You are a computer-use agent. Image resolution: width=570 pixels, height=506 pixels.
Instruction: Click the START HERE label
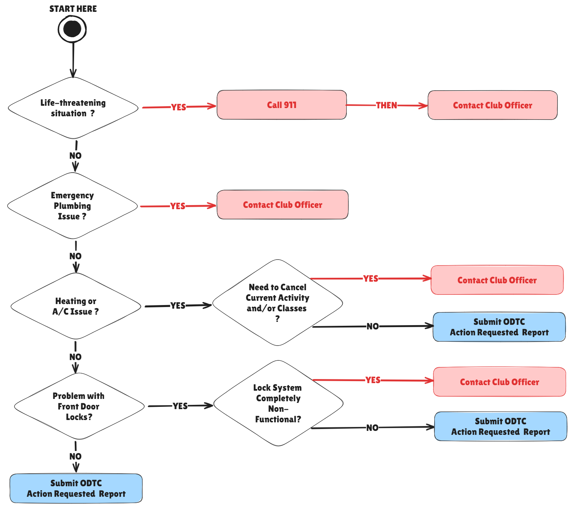73,9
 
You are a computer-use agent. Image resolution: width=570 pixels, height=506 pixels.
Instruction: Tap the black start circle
72,29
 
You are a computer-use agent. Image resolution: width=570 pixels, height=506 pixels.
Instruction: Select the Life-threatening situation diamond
73,108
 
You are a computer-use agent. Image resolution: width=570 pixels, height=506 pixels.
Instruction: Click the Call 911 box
282,105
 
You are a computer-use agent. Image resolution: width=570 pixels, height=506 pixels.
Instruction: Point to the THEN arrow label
386,105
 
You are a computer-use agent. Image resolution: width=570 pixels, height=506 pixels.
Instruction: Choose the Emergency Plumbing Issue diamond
72,206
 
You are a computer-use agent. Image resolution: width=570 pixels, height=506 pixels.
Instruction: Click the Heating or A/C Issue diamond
76,306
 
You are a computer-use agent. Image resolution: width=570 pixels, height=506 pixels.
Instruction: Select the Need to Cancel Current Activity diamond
278,302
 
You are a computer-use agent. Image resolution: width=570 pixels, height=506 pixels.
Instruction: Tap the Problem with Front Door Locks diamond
79,406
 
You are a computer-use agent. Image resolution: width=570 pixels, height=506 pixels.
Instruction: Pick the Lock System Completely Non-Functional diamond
278,403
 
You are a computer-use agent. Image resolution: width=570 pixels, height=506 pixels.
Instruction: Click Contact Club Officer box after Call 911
492,105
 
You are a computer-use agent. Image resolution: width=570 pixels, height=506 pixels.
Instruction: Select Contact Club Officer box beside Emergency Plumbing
283,205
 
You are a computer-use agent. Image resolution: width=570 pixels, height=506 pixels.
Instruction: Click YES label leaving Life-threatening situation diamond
178,107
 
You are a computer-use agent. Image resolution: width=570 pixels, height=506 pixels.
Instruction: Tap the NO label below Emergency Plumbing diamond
75,256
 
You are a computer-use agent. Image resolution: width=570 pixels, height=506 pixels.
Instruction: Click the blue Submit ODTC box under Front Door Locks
76,488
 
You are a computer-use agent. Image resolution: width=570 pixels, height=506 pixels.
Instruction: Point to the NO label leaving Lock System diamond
372,428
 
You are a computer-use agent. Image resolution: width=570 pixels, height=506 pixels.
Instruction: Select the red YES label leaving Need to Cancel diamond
370,279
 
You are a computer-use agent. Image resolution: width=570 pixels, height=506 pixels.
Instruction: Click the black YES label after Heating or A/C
178,306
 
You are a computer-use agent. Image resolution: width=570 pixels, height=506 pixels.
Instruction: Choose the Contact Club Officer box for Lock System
500,382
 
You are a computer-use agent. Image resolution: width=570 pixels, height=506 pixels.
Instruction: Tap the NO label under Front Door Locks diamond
75,456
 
